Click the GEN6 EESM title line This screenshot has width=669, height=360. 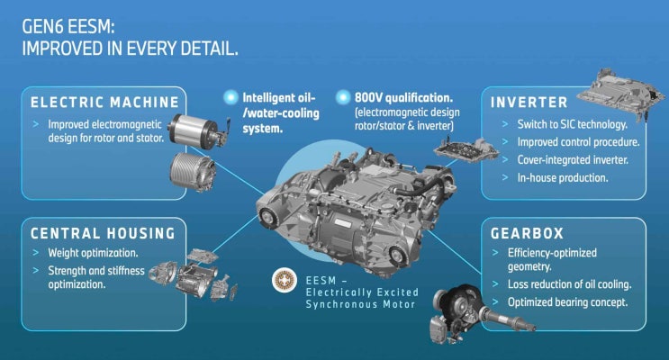coord(68,26)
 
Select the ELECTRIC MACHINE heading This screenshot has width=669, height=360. coord(104,103)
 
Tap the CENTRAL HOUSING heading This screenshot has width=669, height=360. coord(103,233)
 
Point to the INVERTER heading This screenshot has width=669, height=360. coord(529,103)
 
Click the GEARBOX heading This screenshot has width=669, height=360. coord(527,233)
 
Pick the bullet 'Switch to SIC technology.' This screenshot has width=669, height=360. coord(572,124)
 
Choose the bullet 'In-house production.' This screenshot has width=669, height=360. coord(563,177)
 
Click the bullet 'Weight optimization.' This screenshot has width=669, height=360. coord(93,253)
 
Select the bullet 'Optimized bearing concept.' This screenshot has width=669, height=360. coord(567,302)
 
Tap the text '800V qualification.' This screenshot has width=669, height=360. coord(403,98)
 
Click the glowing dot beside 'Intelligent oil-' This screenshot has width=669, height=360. coord(231,98)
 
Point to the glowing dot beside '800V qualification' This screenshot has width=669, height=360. coord(343,98)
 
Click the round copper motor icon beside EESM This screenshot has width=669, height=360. coord(285,280)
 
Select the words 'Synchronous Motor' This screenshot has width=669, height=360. coord(360,304)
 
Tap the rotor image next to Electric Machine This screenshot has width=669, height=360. coord(199,130)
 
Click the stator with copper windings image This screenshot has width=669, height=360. coord(193,172)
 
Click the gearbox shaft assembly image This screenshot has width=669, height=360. coord(478,312)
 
